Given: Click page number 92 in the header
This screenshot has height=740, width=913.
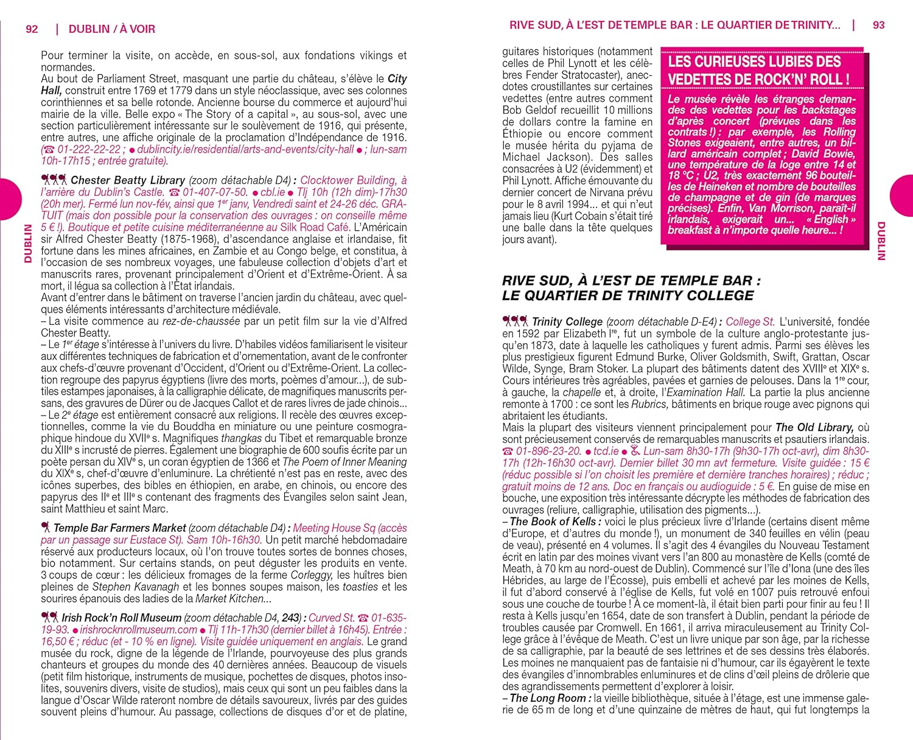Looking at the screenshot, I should click(32, 29).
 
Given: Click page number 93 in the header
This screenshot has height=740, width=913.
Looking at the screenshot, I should click(879, 25).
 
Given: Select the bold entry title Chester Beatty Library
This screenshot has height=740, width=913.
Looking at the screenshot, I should click(128, 180).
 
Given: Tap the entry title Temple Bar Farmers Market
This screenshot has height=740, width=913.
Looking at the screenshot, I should click(119, 528).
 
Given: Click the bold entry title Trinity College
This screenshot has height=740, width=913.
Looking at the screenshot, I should click(567, 321).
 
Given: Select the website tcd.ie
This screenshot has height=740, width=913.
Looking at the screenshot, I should click(606, 451).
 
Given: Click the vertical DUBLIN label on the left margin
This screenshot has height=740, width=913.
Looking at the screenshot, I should click(27, 243).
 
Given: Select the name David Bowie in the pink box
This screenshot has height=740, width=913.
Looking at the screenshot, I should click(825, 153).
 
